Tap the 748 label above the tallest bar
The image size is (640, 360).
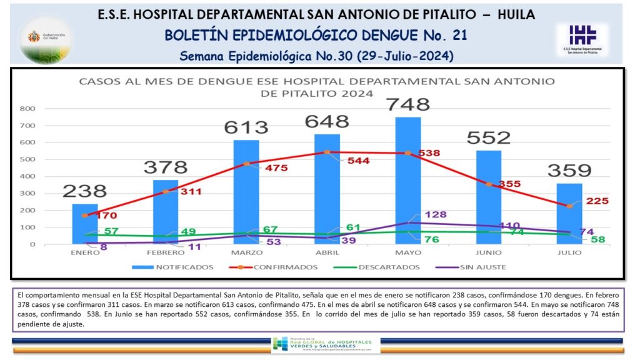pyautogui.click(x=408, y=104)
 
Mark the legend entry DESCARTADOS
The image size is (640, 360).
pyautogui.click(x=387, y=267)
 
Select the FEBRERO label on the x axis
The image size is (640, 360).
pyautogui.click(x=166, y=252)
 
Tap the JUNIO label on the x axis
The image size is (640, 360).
pyautogui.click(x=489, y=252)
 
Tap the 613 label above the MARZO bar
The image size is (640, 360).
pyautogui.click(x=246, y=127)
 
